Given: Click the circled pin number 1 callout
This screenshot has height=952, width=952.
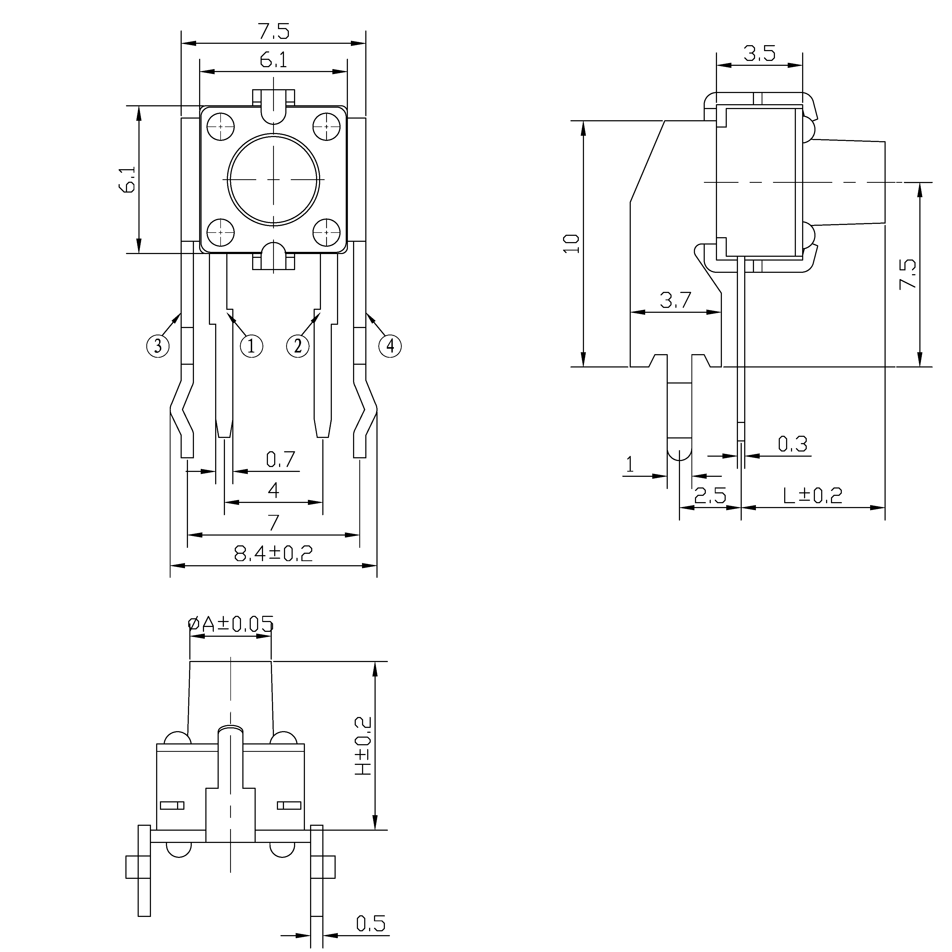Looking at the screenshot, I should [x=251, y=347].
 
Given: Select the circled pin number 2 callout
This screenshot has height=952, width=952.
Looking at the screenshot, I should [x=298, y=347].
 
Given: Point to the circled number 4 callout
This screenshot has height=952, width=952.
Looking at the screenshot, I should [x=390, y=347].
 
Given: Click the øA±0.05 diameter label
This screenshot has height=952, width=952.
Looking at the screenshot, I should [x=231, y=624].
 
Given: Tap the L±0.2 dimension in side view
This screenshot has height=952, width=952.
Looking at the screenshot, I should [x=813, y=496].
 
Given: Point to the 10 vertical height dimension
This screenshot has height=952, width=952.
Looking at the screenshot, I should [x=571, y=244].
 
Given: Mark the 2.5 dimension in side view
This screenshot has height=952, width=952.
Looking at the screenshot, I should [x=710, y=496].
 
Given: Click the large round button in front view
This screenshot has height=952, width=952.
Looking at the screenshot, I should [x=273, y=179].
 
